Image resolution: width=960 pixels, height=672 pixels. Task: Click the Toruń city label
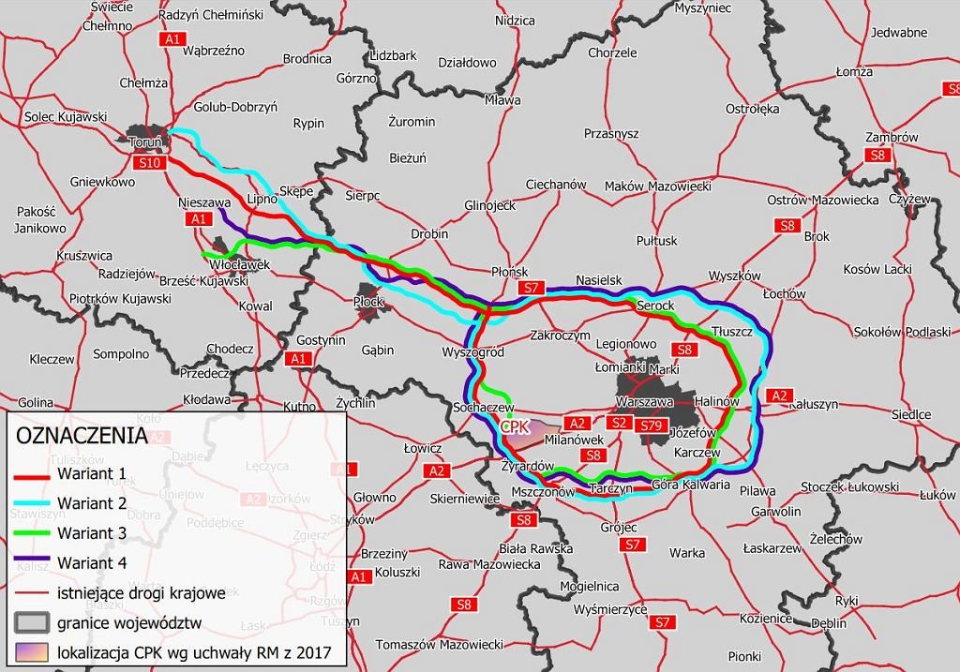pos(148,142)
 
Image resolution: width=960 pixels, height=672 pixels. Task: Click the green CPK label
pos(516,426)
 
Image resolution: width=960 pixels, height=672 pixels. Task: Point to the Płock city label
pos(369,302)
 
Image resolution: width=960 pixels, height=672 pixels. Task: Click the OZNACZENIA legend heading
pos(81,436)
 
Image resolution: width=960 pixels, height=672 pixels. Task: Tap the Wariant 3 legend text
pos(92,532)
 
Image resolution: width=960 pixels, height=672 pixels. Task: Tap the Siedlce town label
pos(910,413)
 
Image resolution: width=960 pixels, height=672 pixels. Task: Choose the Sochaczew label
pos(484,409)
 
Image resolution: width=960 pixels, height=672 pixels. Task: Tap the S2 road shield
pos(619,423)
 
